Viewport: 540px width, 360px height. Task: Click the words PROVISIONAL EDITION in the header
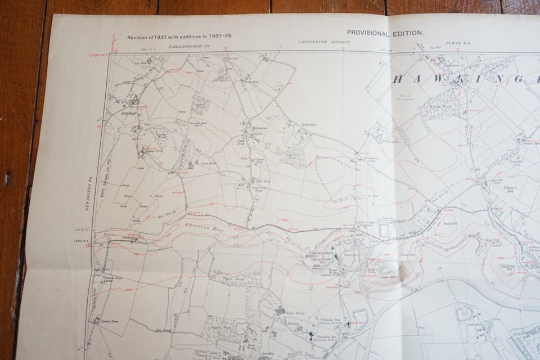pos(386,33)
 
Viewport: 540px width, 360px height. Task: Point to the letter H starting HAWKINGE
pos(400,79)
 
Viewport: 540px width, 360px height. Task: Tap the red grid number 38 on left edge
pos(89,245)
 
